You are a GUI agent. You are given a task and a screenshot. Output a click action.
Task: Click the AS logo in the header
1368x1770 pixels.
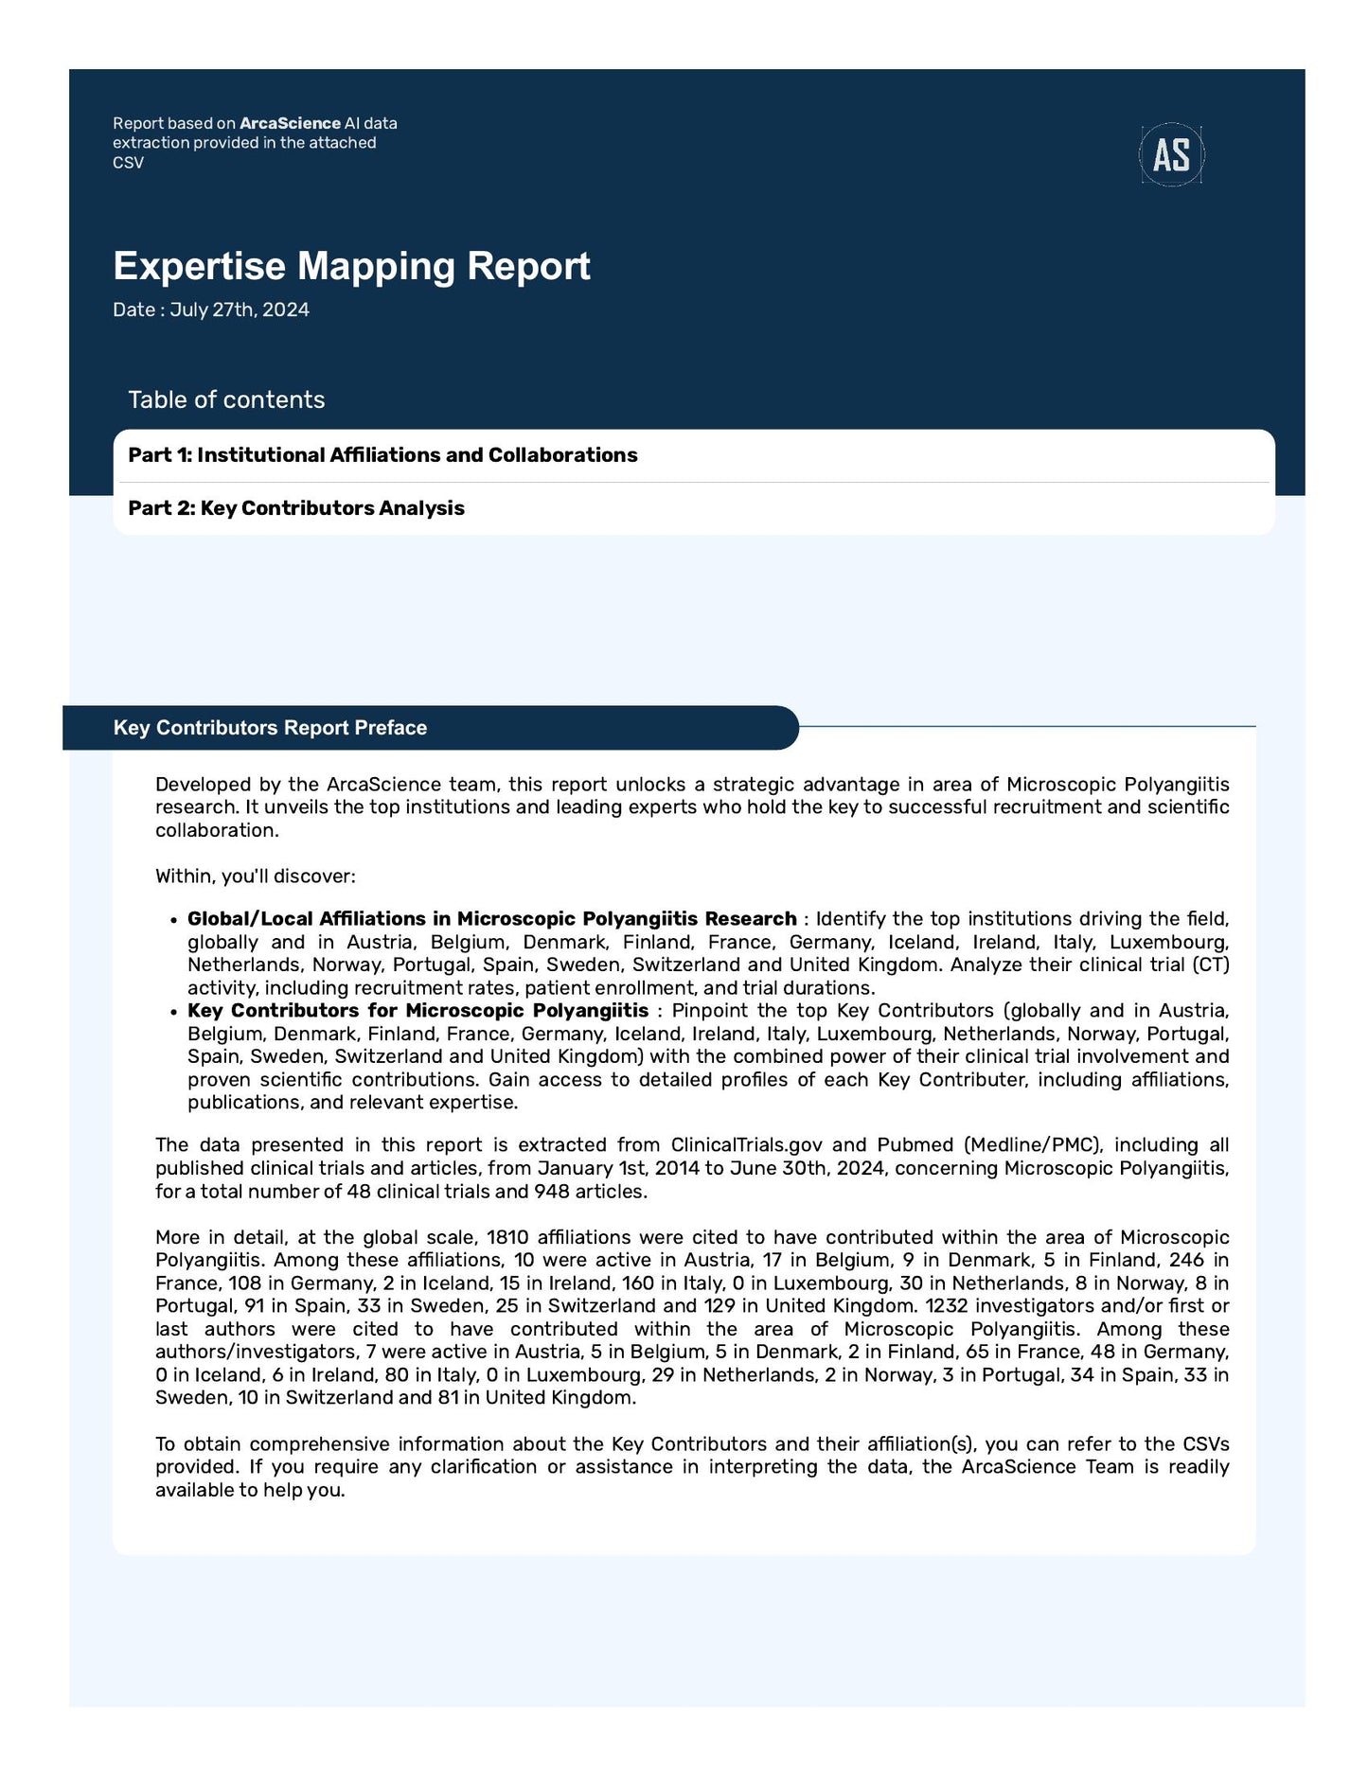[1171, 154]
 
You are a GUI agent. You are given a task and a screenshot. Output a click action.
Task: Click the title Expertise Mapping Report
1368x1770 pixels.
[351, 266]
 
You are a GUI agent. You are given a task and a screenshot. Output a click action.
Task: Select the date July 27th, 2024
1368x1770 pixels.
[240, 310]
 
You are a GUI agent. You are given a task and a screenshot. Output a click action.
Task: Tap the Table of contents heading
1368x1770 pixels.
[226, 399]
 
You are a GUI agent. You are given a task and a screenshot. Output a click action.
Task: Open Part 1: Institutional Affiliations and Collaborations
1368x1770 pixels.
[382, 455]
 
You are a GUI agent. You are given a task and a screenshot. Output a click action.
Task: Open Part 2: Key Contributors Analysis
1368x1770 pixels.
[296, 508]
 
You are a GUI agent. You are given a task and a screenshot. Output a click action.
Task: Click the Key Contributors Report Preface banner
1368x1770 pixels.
[270, 728]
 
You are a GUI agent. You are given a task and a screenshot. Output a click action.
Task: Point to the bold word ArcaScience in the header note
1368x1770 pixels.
[290, 123]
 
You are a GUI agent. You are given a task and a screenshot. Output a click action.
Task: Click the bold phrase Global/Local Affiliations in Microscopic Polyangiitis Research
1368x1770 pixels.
[491, 919]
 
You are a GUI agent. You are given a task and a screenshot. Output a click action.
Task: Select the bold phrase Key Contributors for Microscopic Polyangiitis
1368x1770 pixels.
[418, 1011]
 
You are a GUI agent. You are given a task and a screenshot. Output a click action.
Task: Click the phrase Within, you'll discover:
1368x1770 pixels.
[255, 876]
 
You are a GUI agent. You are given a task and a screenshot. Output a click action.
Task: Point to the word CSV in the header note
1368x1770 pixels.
[128, 163]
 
